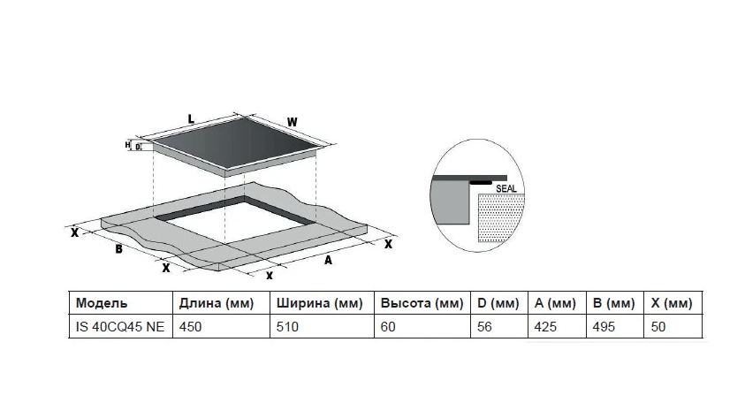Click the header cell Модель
pyautogui.click(x=102, y=303)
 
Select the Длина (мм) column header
pyautogui.click(x=217, y=303)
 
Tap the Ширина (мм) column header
pyautogui.click(x=320, y=303)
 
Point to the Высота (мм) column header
pyautogui.click(x=422, y=303)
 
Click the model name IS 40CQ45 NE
pyautogui.click(x=119, y=325)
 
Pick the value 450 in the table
pyautogui.click(x=190, y=325)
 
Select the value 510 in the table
pyautogui.click(x=287, y=325)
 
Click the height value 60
pyautogui.click(x=388, y=325)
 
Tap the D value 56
pyautogui.click(x=484, y=325)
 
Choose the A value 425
pyautogui.click(x=545, y=325)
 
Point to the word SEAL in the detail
pyautogui.click(x=506, y=188)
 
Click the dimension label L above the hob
pyautogui.click(x=191, y=118)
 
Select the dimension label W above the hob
pyautogui.click(x=293, y=122)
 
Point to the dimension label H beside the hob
pyautogui.click(x=127, y=144)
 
